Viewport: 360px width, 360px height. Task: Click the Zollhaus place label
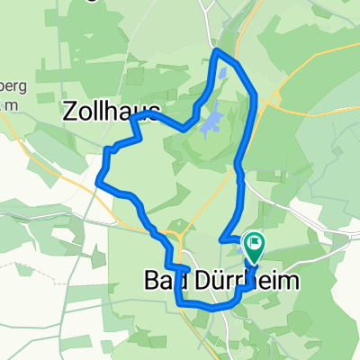click(x=111, y=111)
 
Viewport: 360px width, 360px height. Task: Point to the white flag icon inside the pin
click(x=255, y=241)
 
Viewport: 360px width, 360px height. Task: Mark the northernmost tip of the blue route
click(x=217, y=51)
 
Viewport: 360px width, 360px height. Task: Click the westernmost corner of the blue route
click(x=97, y=184)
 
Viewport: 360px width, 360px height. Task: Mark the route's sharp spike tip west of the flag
click(x=220, y=240)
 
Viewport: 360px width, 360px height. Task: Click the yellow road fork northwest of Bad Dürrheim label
click(x=180, y=236)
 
